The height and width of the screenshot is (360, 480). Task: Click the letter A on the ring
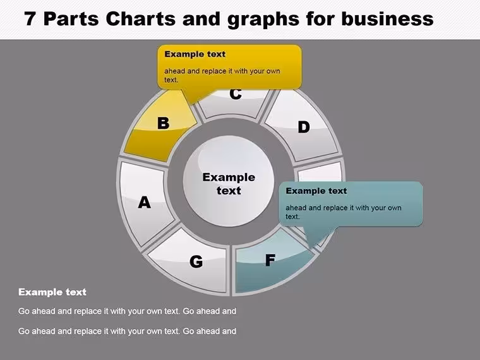click(x=145, y=203)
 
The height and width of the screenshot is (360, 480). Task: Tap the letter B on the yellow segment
click(x=164, y=123)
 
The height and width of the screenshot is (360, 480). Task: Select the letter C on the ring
click(x=236, y=94)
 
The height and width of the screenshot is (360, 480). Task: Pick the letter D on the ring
click(x=304, y=127)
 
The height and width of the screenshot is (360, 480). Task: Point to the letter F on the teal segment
click(x=270, y=260)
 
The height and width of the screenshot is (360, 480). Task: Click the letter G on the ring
click(x=196, y=261)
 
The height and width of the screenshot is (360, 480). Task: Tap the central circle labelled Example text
click(x=229, y=181)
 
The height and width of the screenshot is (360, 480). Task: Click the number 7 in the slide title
click(x=30, y=18)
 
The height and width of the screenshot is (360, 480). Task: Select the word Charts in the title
click(x=141, y=18)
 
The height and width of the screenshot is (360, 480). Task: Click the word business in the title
click(x=387, y=18)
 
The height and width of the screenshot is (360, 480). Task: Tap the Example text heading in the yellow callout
click(x=195, y=54)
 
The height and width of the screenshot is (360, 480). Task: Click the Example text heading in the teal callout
click(x=316, y=191)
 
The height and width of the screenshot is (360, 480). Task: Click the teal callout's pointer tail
click(x=318, y=236)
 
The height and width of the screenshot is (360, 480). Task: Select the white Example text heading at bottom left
click(x=52, y=292)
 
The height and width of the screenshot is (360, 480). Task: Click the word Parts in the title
click(x=71, y=18)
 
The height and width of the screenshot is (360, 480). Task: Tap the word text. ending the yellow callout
click(x=171, y=80)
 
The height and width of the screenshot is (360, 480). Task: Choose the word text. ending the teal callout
click(x=292, y=217)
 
